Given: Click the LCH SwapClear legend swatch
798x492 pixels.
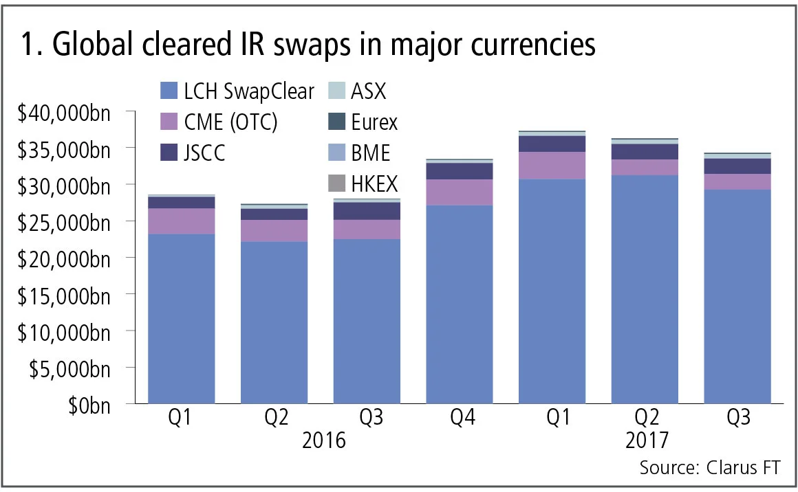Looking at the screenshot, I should tap(169, 91).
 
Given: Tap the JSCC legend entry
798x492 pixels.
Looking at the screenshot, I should tap(205, 153).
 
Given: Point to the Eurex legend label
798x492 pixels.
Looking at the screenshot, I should tap(374, 122).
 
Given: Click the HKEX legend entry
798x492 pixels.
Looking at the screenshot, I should tap(374, 183).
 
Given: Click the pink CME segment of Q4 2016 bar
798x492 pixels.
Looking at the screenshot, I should tap(460, 192).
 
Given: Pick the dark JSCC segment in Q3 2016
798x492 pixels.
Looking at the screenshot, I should tap(366, 211).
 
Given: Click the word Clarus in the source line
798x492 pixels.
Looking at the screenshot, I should tap(728, 468).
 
